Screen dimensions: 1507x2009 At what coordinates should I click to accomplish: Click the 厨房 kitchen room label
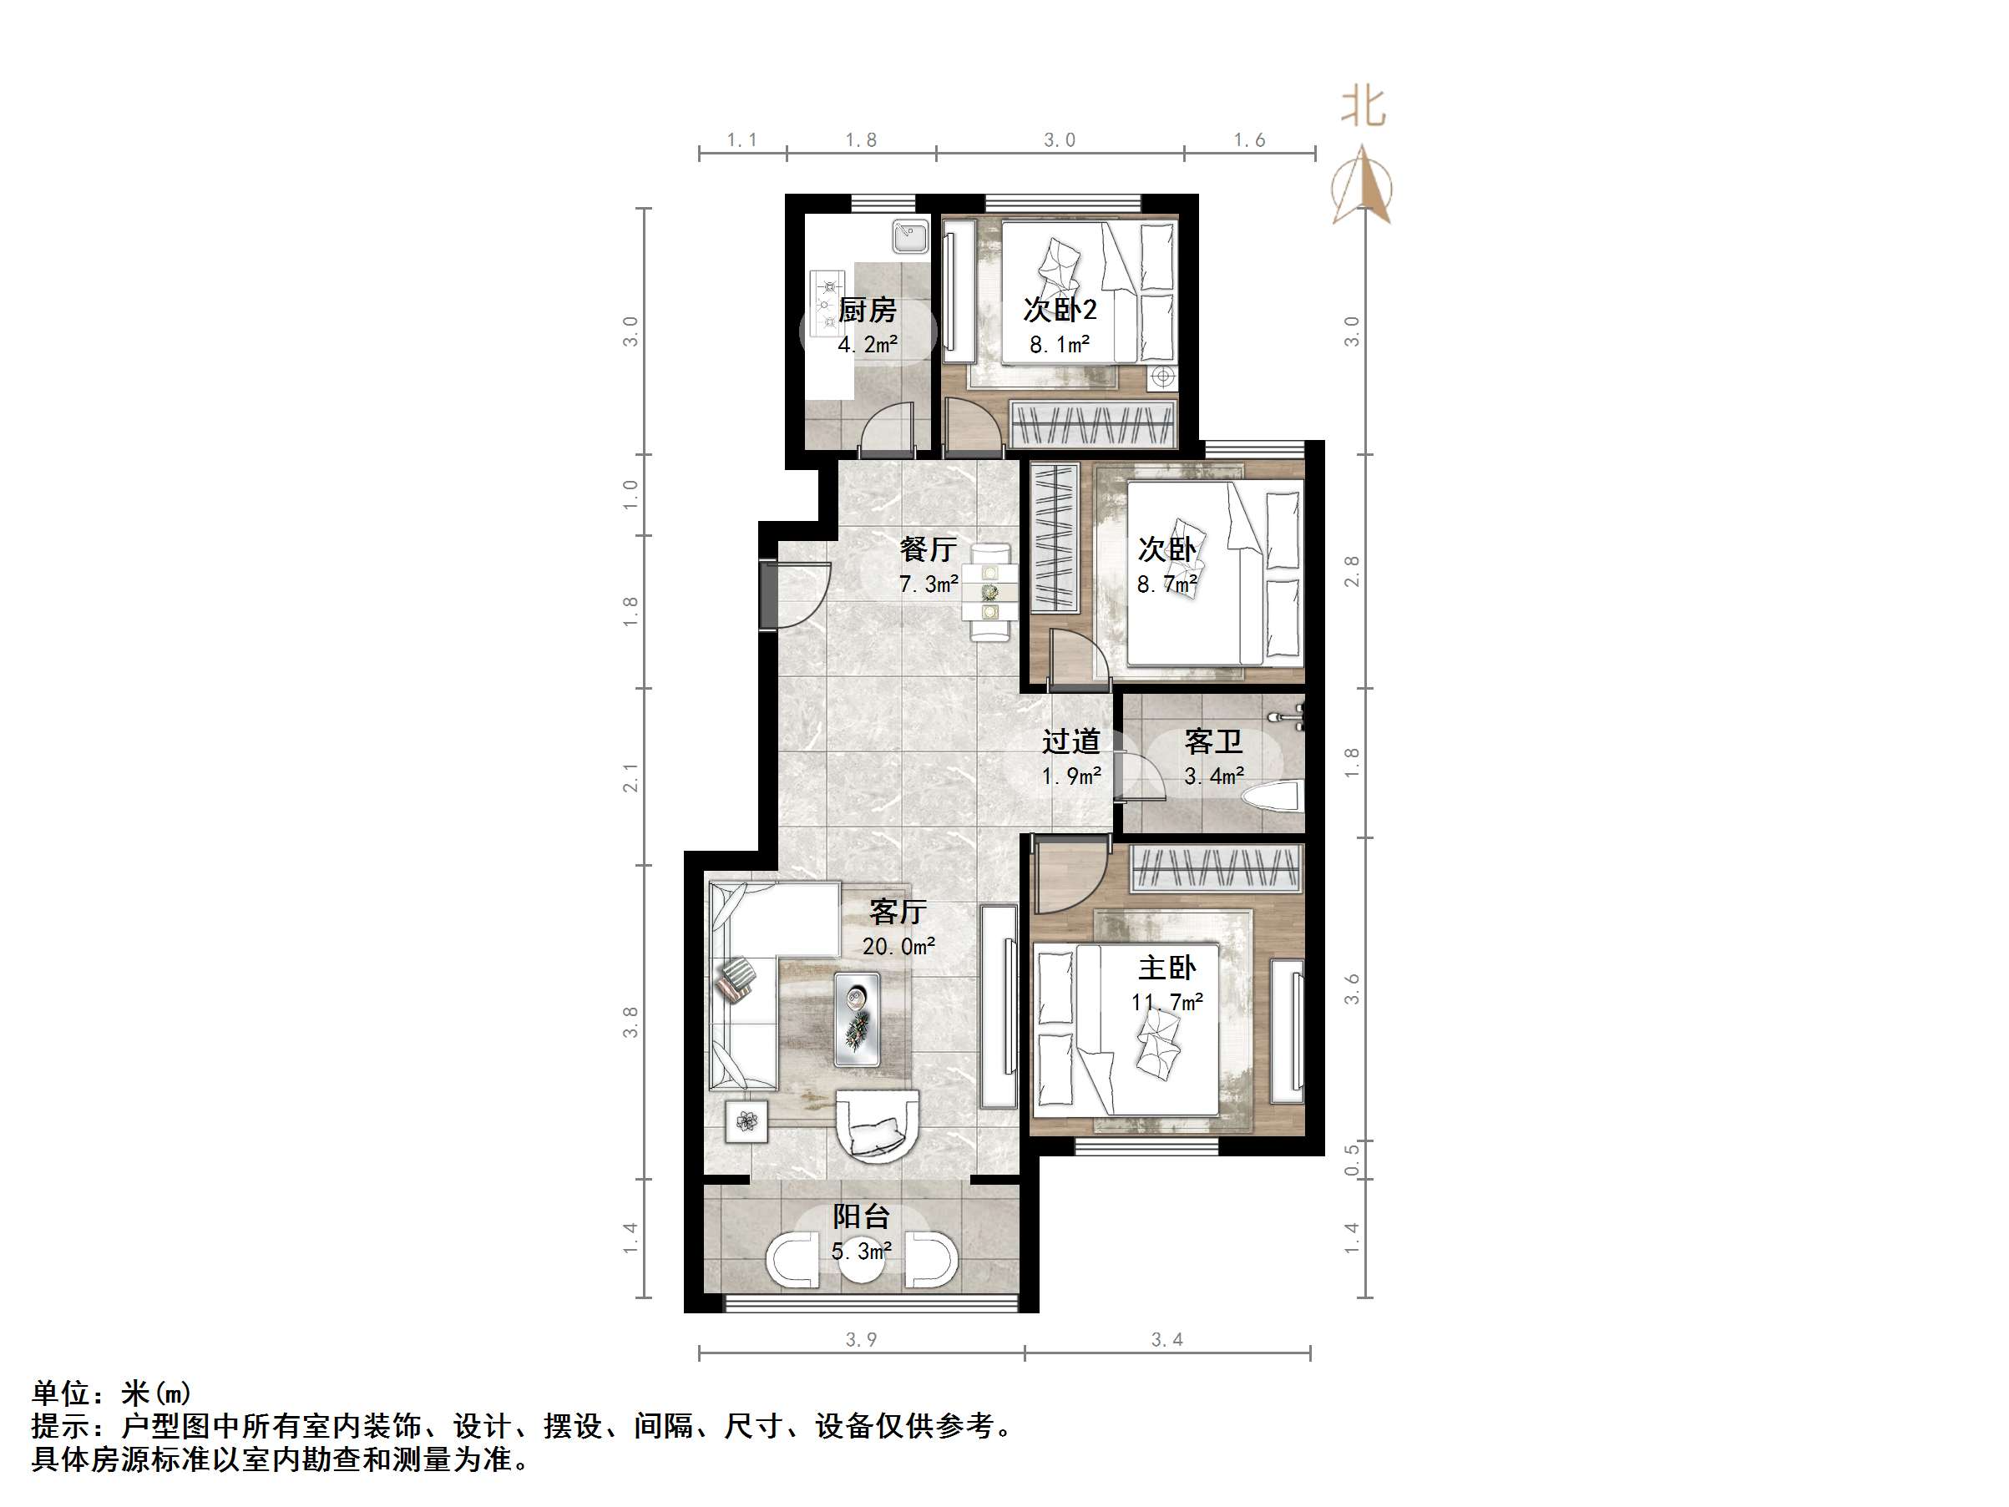tap(867, 311)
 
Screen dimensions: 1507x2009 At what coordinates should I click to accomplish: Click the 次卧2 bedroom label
tap(1059, 310)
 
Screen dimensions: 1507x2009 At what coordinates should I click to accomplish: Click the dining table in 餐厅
tap(990, 592)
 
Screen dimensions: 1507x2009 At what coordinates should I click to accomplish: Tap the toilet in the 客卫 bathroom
tap(1275, 799)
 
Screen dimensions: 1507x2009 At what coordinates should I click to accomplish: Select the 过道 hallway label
tap(1070, 741)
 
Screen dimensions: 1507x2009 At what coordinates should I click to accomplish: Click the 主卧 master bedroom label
tap(1167, 968)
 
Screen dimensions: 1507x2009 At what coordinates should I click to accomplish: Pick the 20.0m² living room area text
tap(898, 947)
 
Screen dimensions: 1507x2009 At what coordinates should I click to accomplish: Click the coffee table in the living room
tap(857, 1019)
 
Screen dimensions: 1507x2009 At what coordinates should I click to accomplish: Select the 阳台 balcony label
tap(861, 1216)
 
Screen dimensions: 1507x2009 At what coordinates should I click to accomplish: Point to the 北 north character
tap(1364, 107)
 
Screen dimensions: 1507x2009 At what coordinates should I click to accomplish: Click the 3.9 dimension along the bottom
tap(861, 1339)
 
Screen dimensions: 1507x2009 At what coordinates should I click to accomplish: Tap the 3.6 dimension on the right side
tap(1352, 989)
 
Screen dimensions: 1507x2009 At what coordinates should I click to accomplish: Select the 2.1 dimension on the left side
tap(630, 777)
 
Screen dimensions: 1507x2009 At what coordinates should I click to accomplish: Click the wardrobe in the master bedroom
tap(1215, 867)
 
